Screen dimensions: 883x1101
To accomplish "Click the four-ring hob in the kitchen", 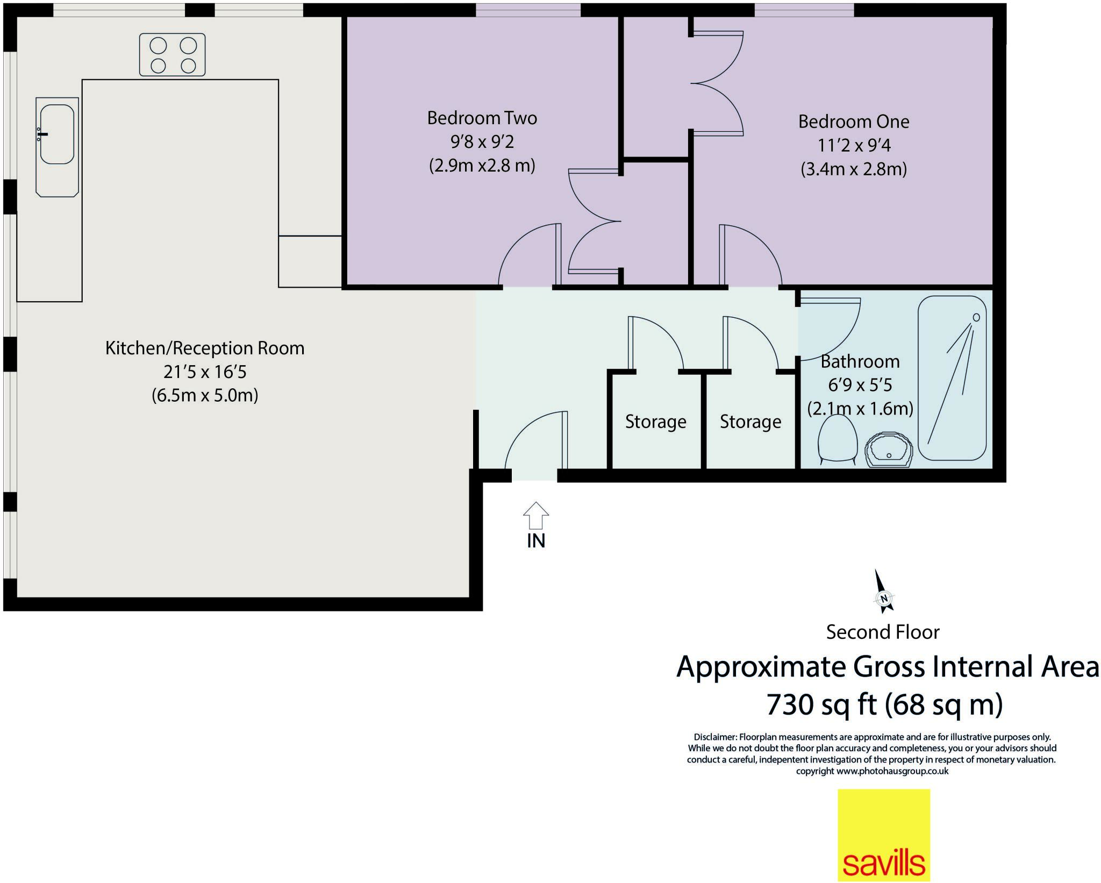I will click(172, 55).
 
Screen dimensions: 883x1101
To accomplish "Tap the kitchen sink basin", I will click(57, 134).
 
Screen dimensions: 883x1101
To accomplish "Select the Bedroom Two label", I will click(482, 118).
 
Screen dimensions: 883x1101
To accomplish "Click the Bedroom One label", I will click(853, 122).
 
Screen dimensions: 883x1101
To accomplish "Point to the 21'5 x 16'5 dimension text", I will click(205, 372).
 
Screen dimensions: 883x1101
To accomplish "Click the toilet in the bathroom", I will click(837, 439).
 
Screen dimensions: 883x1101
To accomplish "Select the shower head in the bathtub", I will click(976, 317).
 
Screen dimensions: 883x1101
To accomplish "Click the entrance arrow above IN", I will click(535, 515).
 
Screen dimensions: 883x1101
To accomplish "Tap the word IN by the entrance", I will click(535, 541).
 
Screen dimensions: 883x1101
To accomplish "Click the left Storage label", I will click(655, 422).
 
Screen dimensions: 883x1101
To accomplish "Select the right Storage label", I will click(750, 422).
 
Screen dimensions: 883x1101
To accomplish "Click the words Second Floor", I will click(882, 632).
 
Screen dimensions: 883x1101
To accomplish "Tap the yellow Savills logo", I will click(883, 834).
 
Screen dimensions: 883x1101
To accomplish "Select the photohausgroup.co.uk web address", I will click(892, 771).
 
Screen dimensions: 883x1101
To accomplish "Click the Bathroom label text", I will click(860, 361).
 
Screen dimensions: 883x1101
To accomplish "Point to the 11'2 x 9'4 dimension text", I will click(853, 145).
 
